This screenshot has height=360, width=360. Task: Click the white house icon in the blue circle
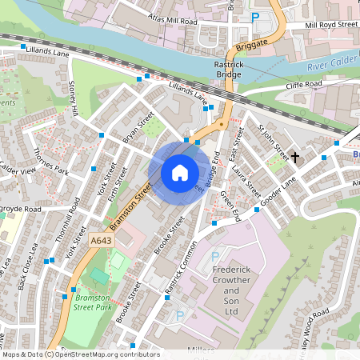click(179, 172)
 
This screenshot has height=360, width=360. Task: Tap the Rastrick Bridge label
click(222, 69)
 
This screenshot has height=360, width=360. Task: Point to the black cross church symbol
click(294, 157)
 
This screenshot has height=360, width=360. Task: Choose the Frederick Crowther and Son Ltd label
click(231, 290)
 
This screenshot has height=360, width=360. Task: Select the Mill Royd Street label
click(331, 25)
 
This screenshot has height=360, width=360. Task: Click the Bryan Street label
click(136, 128)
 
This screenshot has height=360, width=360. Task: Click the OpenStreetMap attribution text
click(81, 354)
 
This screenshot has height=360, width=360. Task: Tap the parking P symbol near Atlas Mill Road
click(255, 17)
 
